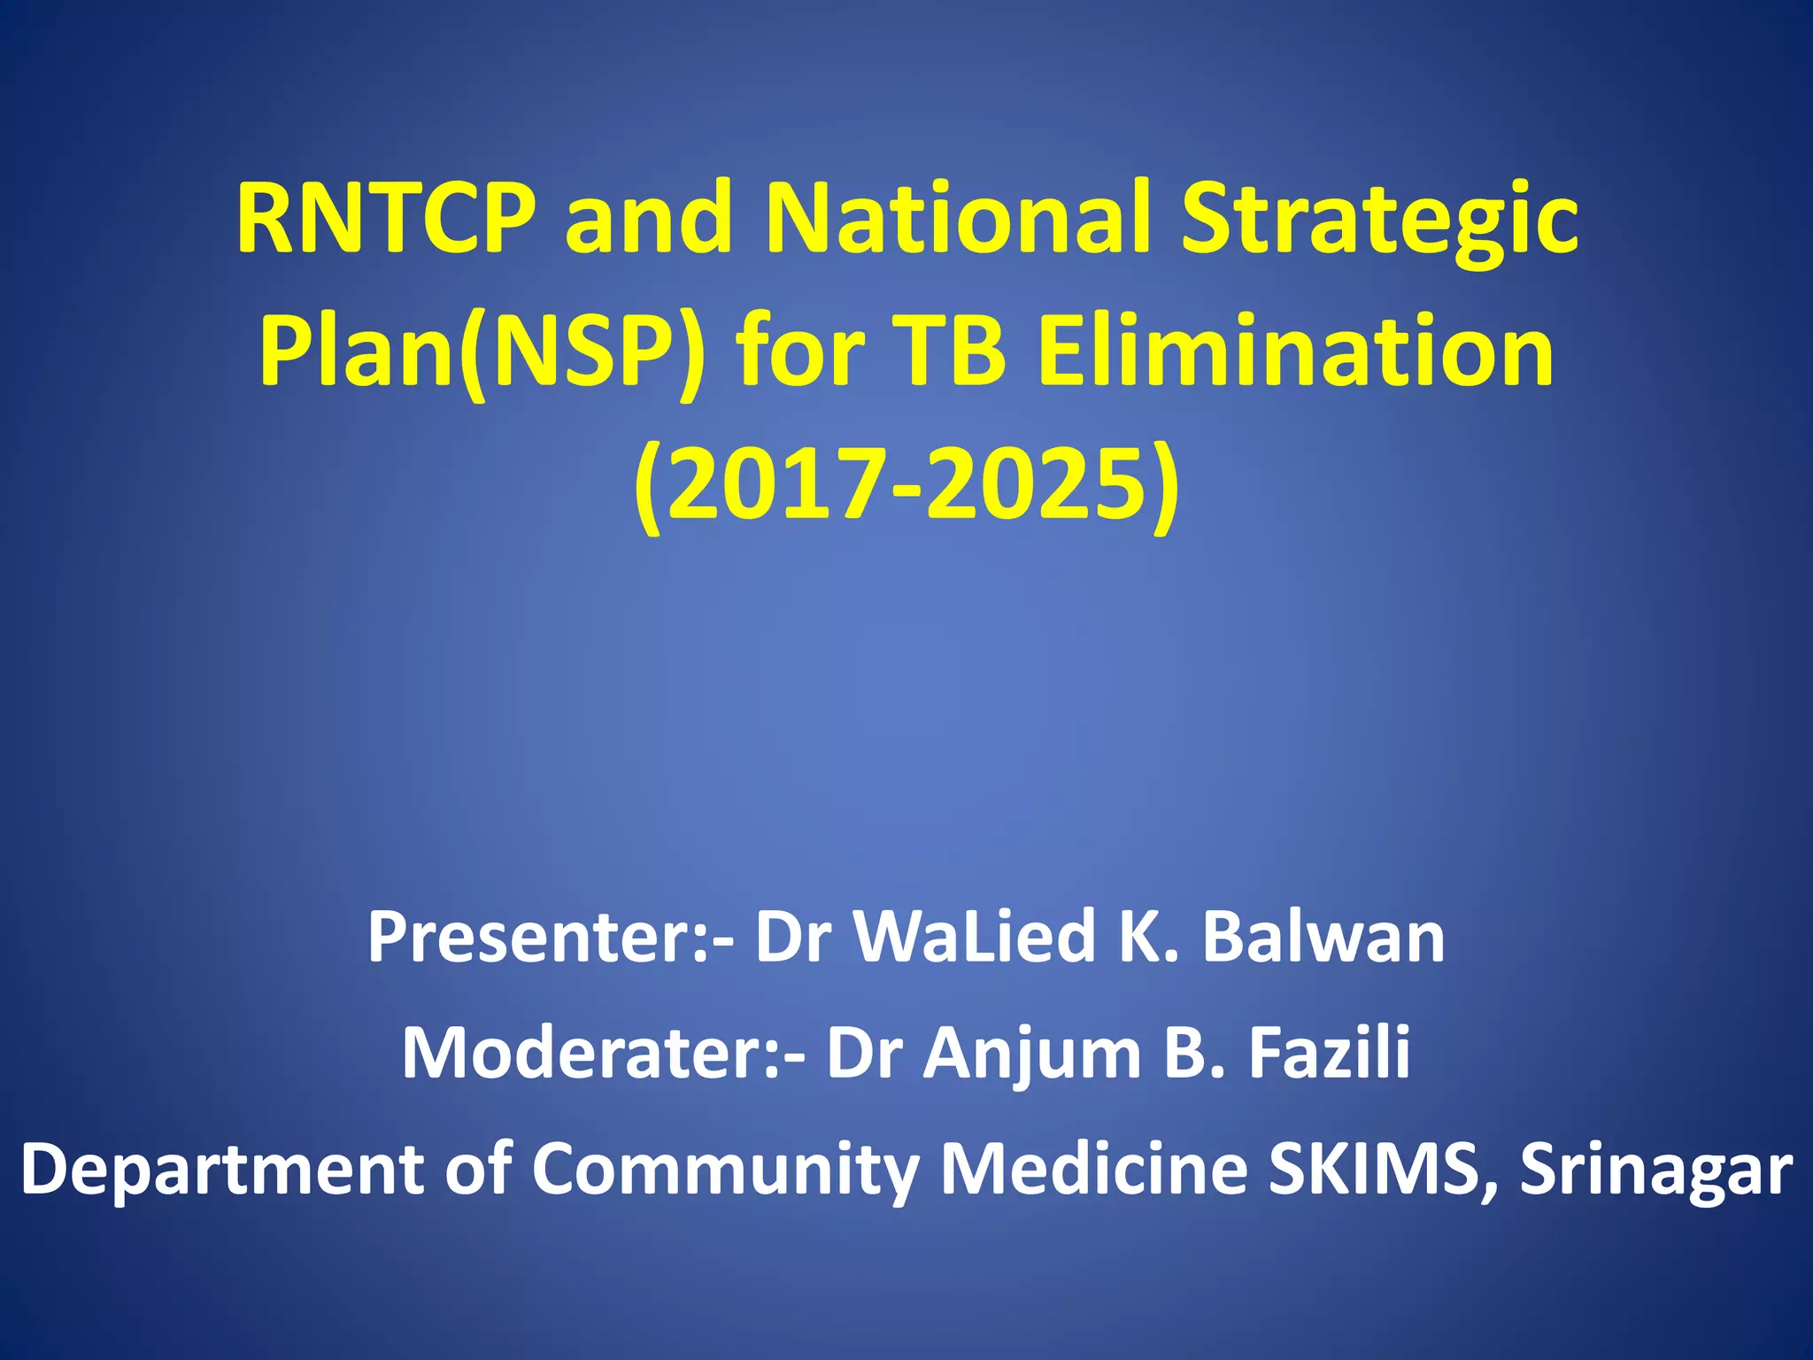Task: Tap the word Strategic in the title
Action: pyautogui.click(x=1380, y=221)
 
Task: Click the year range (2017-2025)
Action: pyautogui.click(x=906, y=487)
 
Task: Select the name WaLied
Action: pyautogui.click(x=975, y=938)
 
